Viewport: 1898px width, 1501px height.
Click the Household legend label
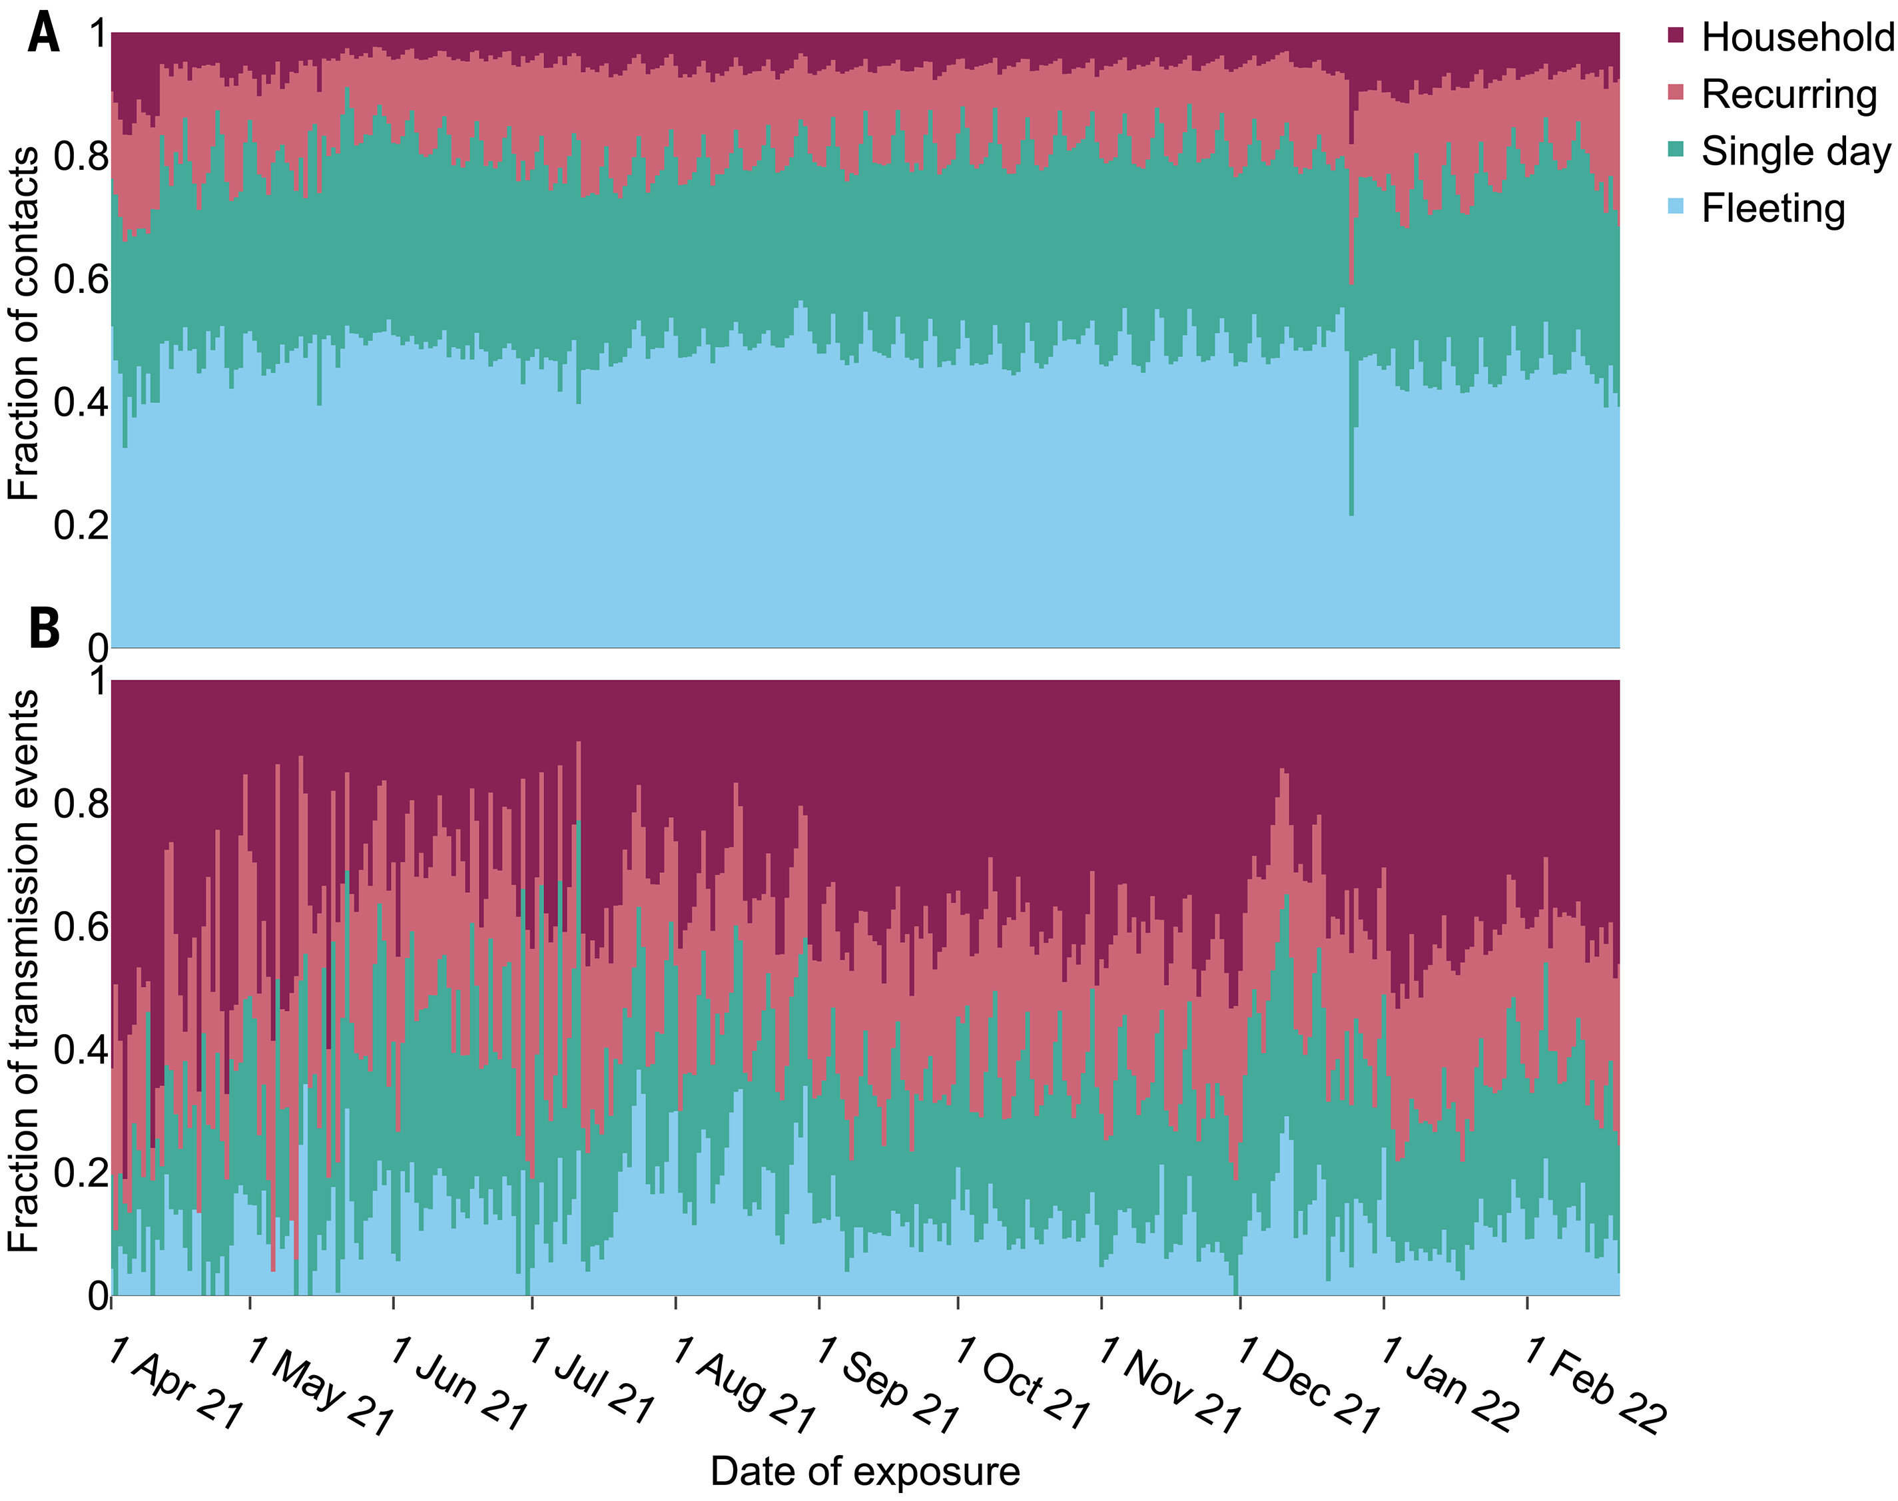[x=1797, y=38]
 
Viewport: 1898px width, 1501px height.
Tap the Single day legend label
[x=1795, y=151]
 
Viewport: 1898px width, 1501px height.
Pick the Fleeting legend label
[x=1772, y=208]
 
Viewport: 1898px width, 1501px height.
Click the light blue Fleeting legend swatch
[x=1676, y=207]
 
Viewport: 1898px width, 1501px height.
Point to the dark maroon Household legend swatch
[x=1676, y=36]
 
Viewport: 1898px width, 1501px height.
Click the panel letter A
[x=44, y=35]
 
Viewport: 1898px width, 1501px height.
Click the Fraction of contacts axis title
[x=24, y=324]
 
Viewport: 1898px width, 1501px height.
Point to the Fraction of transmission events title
[x=24, y=971]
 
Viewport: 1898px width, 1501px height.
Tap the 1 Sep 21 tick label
[x=888, y=1386]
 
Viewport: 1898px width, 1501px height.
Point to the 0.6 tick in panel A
[x=81, y=280]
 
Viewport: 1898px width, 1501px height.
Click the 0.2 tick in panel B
[x=81, y=1172]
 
